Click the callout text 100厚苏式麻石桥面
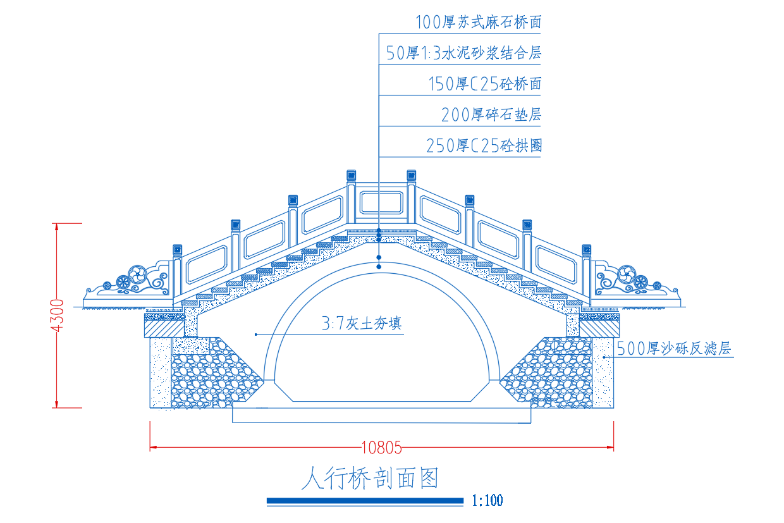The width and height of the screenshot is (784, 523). tap(478, 22)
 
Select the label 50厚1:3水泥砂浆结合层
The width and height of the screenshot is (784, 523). tap(463, 53)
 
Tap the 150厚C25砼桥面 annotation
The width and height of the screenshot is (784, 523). tap(485, 84)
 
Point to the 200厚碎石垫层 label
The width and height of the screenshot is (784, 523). tap(491, 115)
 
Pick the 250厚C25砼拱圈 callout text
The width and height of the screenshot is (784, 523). tap(484, 145)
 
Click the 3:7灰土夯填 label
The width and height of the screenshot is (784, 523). tap(362, 323)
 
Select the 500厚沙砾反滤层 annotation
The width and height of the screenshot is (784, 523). tap(674, 348)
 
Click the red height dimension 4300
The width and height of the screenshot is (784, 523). tap(57, 316)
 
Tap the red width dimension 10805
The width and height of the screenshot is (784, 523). tap(381, 448)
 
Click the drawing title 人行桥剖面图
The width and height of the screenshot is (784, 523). tap(370, 478)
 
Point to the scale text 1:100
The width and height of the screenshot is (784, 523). tap(487, 500)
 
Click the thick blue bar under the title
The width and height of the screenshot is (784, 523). tap(365, 501)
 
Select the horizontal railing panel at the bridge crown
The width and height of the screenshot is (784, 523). tap(381, 202)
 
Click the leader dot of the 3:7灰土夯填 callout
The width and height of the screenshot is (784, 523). tap(256, 335)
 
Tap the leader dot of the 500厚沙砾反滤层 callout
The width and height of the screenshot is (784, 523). tap(604, 357)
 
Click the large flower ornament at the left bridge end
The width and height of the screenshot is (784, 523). tap(137, 274)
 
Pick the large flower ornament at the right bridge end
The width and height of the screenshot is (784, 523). tap(626, 274)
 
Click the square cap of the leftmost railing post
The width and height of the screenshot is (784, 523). tap(178, 250)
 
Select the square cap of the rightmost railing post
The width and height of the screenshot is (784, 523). tap(587, 250)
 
